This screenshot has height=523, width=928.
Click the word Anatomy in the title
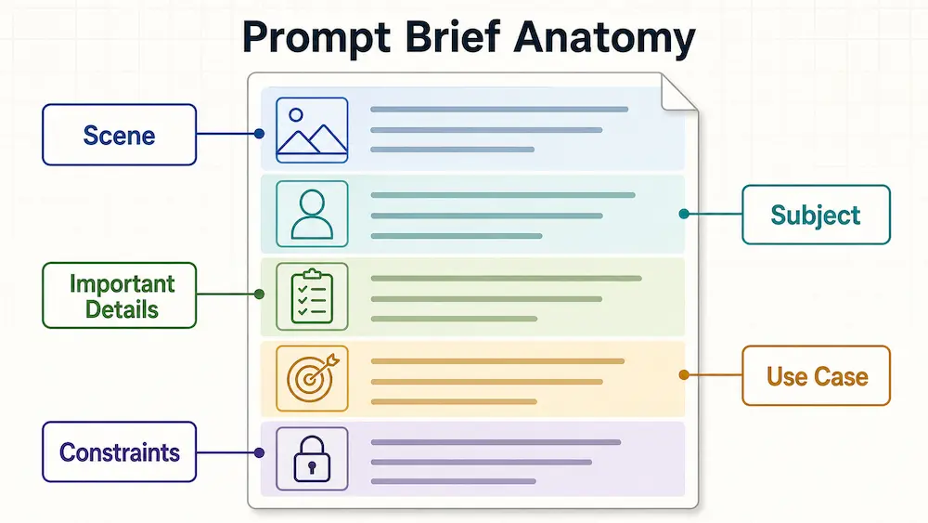click(x=604, y=38)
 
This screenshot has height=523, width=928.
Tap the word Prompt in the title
click(x=316, y=39)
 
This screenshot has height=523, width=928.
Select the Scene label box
click(x=119, y=135)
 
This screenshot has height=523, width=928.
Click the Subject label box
click(x=816, y=215)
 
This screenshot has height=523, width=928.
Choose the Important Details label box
click(x=119, y=295)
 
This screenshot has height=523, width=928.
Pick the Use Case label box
click(x=816, y=375)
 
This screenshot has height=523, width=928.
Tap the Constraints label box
click(x=119, y=451)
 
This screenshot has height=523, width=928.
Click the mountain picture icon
click(x=312, y=130)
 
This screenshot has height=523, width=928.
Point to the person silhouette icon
click(x=312, y=214)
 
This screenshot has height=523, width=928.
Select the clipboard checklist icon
click(x=312, y=296)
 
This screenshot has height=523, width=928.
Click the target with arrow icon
click(x=312, y=378)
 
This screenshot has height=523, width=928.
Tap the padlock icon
click(x=312, y=459)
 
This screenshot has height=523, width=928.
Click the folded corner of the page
click(x=677, y=94)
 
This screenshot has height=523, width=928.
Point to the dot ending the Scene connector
click(x=259, y=134)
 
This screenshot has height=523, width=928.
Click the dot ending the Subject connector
click(x=684, y=214)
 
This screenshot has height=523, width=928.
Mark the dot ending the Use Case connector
click(x=684, y=374)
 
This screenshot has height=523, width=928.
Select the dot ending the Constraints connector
click(x=259, y=452)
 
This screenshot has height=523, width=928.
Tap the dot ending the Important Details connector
click(x=259, y=294)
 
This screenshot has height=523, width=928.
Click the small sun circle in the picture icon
click(x=297, y=115)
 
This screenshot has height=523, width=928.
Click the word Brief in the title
click(x=452, y=38)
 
